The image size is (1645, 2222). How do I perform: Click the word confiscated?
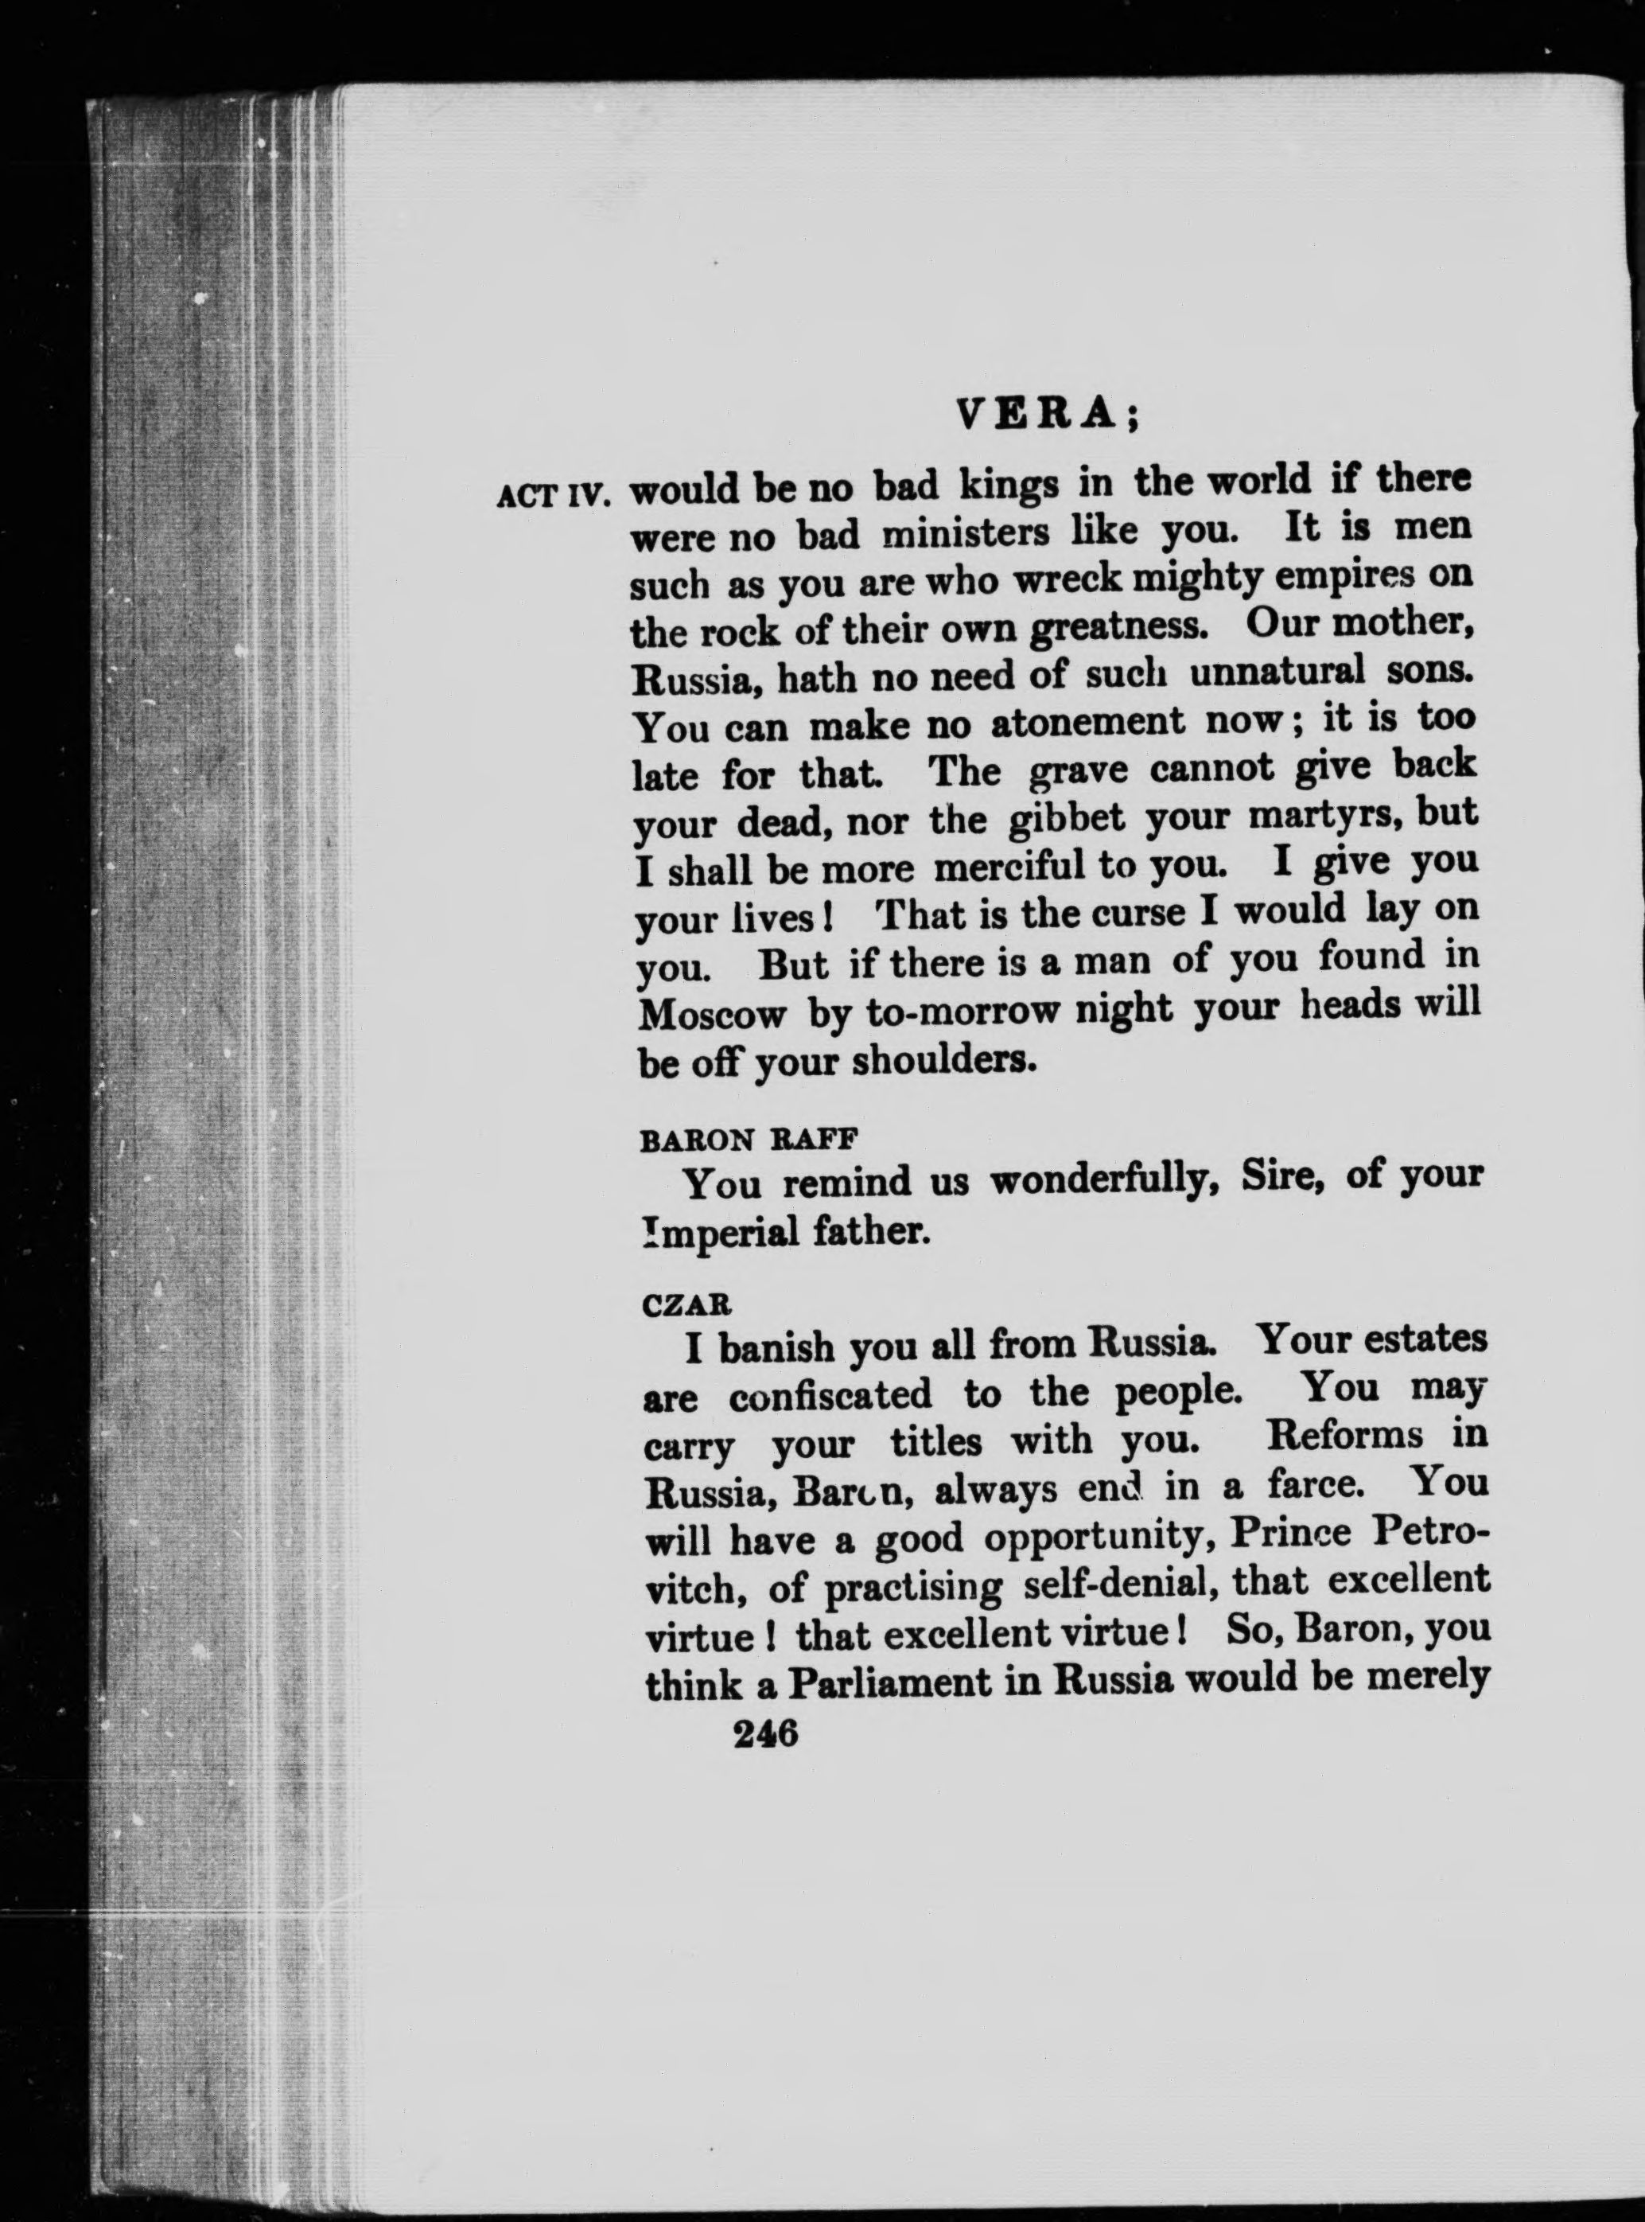point(830,1394)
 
